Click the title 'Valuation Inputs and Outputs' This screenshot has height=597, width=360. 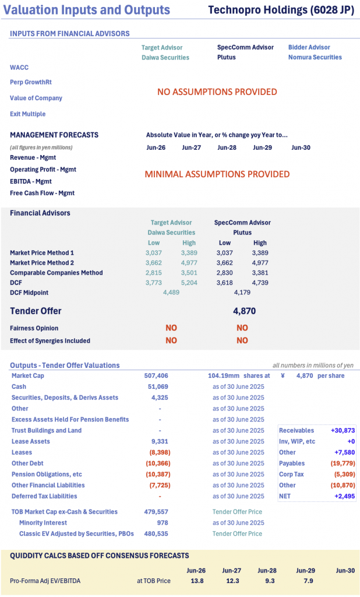tap(90, 10)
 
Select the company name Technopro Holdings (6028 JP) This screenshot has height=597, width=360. tap(281, 10)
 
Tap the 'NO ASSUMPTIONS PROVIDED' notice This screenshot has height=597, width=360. tap(217, 92)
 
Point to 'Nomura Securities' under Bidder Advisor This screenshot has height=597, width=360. tap(315, 57)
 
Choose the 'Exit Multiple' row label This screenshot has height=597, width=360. tap(27, 114)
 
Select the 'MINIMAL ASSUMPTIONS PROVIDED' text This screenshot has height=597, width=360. tap(217, 174)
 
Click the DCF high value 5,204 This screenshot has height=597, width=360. tap(189, 282)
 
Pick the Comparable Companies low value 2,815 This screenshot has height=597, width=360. tap(154, 272)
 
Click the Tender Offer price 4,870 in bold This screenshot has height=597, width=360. tap(244, 311)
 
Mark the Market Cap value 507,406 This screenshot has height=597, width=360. tap(156, 375)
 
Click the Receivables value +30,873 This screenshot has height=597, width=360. tap(343, 430)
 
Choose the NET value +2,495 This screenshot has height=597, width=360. tap(344, 496)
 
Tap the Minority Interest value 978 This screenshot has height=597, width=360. tap(163, 522)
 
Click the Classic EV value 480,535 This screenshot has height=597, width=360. tap(156, 533)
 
